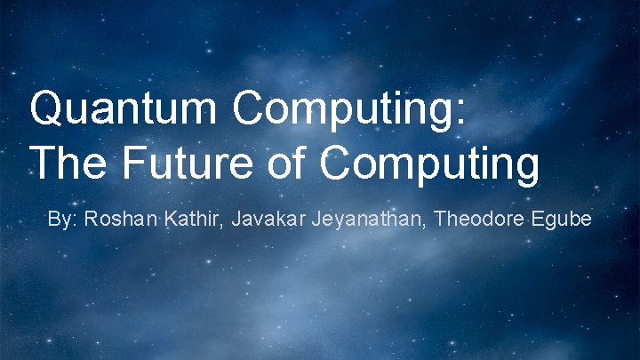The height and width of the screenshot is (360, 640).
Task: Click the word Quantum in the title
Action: (125, 110)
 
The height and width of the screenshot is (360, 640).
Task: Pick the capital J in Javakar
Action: (236, 219)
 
